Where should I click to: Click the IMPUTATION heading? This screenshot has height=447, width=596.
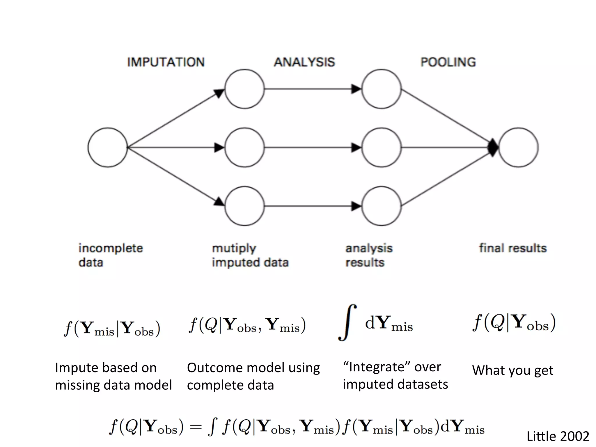tap(166, 62)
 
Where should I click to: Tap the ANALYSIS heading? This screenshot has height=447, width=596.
tap(304, 62)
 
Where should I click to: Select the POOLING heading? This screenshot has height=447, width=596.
tap(448, 62)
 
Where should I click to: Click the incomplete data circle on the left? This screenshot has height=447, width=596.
tap(108, 148)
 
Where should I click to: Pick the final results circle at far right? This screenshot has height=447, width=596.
tap(519, 148)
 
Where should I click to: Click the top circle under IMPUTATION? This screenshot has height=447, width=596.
tap(244, 89)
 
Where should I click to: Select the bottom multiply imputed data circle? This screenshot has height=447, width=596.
tap(244, 206)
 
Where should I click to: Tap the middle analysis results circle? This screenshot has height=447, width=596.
tap(382, 148)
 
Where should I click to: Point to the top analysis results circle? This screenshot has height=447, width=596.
tap(382, 89)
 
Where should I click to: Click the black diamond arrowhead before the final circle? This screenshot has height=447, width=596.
tap(493, 148)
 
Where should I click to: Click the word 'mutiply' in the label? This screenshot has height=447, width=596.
tap(234, 249)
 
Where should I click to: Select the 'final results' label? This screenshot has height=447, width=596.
tap(513, 248)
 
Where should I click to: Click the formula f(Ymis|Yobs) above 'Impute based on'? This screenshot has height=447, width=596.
tap(112, 328)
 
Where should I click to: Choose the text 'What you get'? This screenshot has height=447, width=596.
tap(512, 370)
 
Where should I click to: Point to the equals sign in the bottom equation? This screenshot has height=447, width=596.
tap(196, 427)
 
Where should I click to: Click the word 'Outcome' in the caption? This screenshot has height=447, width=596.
tap(216, 368)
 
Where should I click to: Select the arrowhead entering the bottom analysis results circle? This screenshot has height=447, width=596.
tap(356, 206)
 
